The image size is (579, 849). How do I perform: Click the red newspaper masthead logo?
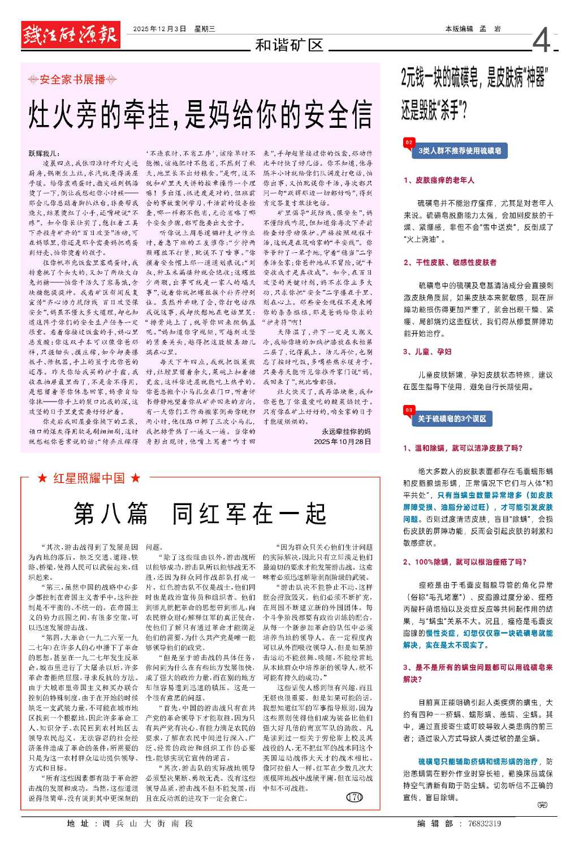pos(71,35)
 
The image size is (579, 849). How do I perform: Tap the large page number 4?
pos(541,40)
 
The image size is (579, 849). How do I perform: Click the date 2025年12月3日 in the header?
pos(159,29)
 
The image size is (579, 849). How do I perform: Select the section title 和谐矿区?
pos(289,45)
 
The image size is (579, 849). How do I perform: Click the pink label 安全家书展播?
pos(72,80)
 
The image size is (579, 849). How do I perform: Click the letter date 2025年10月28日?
pos(343,441)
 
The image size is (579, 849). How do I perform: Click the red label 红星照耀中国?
pos(89,479)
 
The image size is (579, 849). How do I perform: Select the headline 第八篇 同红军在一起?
pos(200,514)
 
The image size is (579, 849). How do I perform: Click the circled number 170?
pos(354,798)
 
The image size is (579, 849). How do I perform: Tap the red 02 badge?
pos(409,143)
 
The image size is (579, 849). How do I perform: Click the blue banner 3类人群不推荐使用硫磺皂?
pos(459,151)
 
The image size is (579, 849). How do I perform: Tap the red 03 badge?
pos(409,410)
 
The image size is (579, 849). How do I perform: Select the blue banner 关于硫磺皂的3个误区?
pos(452,419)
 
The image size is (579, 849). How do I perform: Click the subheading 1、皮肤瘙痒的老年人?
pos(439,180)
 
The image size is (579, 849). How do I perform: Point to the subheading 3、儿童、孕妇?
pos(427,352)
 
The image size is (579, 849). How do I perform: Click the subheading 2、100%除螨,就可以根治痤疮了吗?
pos(465,562)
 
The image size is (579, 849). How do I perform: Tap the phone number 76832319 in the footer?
pos(485,824)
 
